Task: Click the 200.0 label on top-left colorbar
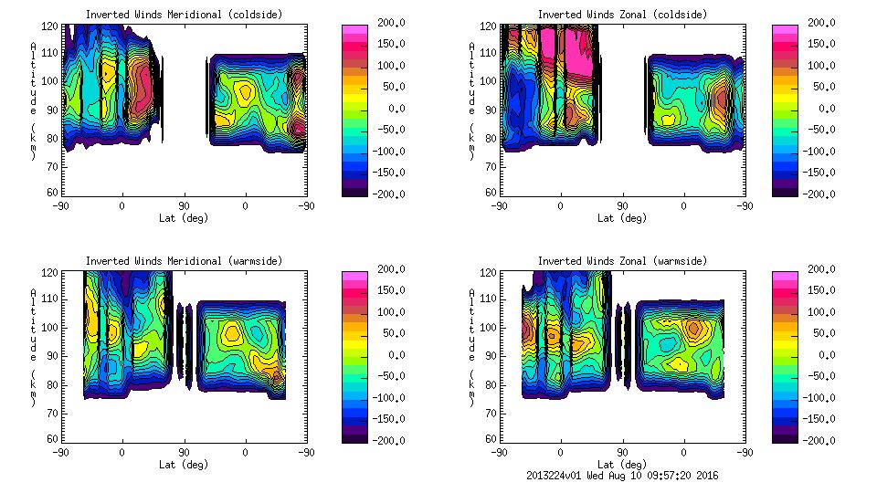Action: (394, 22)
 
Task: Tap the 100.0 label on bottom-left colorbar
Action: (394, 312)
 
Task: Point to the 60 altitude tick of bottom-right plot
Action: (491, 438)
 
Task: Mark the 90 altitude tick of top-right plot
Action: (491, 110)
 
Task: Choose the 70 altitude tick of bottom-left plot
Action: (53, 412)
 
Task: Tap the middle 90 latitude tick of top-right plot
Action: (622, 206)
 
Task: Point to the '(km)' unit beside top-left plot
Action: (33, 142)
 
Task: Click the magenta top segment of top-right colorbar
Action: (785, 31)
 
